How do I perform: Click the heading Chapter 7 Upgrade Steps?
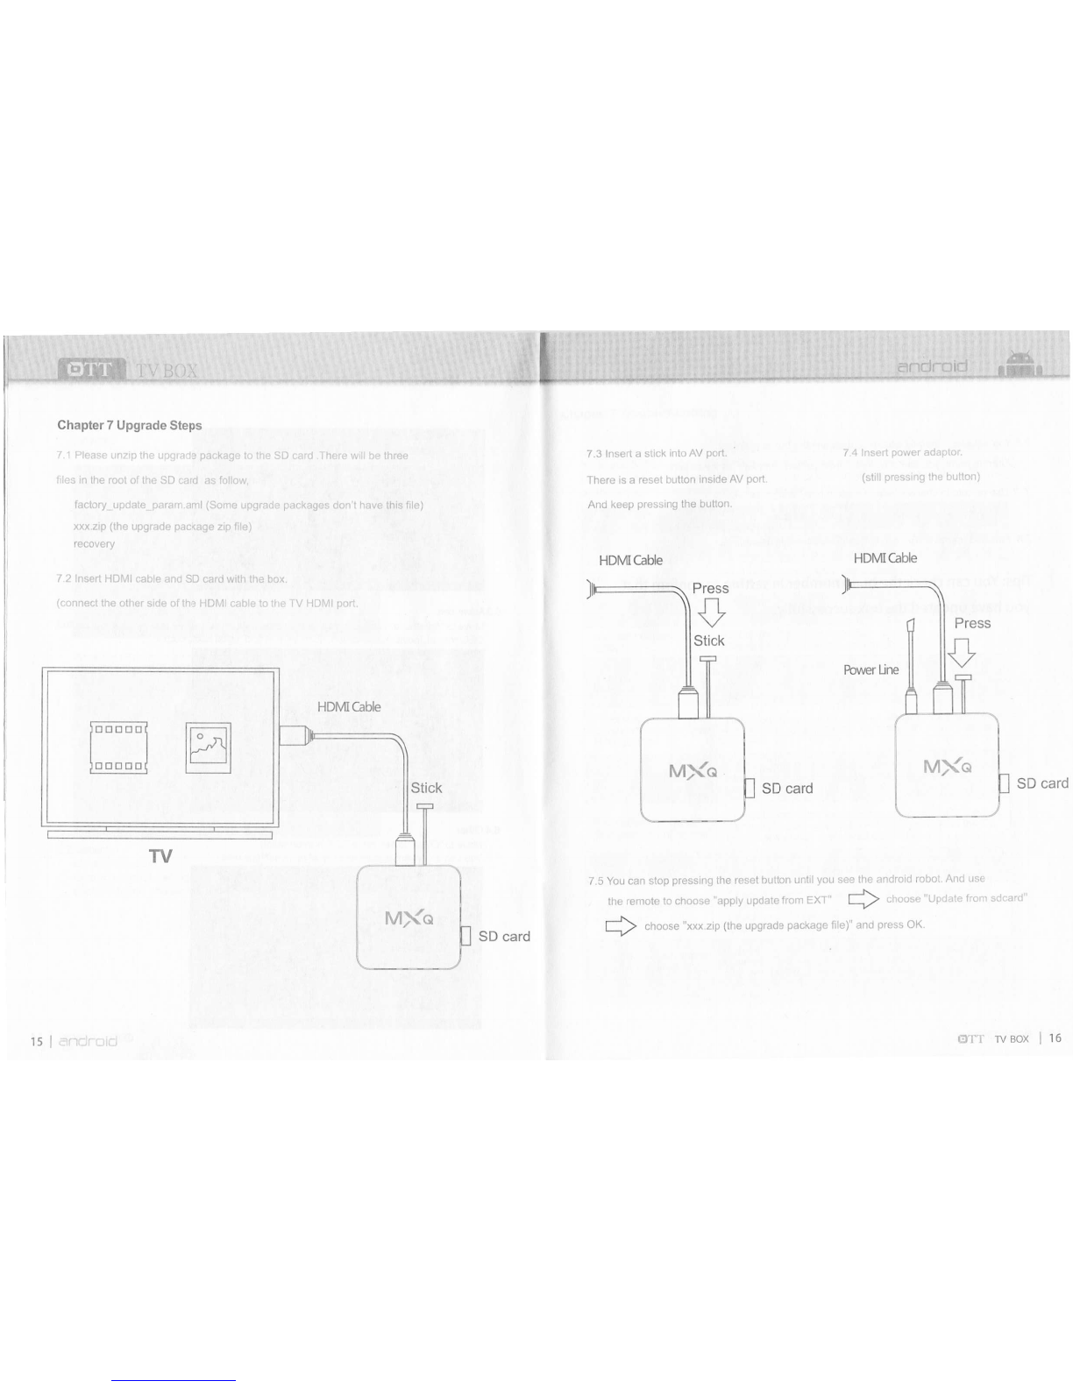click(130, 426)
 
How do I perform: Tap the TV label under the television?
click(160, 857)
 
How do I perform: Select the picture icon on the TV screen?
click(208, 747)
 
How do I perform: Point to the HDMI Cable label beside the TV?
click(349, 707)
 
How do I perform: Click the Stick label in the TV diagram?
click(426, 788)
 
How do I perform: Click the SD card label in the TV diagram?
click(504, 936)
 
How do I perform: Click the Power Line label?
click(870, 670)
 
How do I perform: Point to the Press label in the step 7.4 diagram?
click(972, 623)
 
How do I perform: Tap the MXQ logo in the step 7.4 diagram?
click(947, 768)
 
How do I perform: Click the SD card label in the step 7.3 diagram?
click(787, 789)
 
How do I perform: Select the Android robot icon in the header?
click(1019, 362)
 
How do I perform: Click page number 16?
click(1055, 1038)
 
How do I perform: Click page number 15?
click(36, 1042)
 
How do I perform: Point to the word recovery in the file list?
click(94, 544)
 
